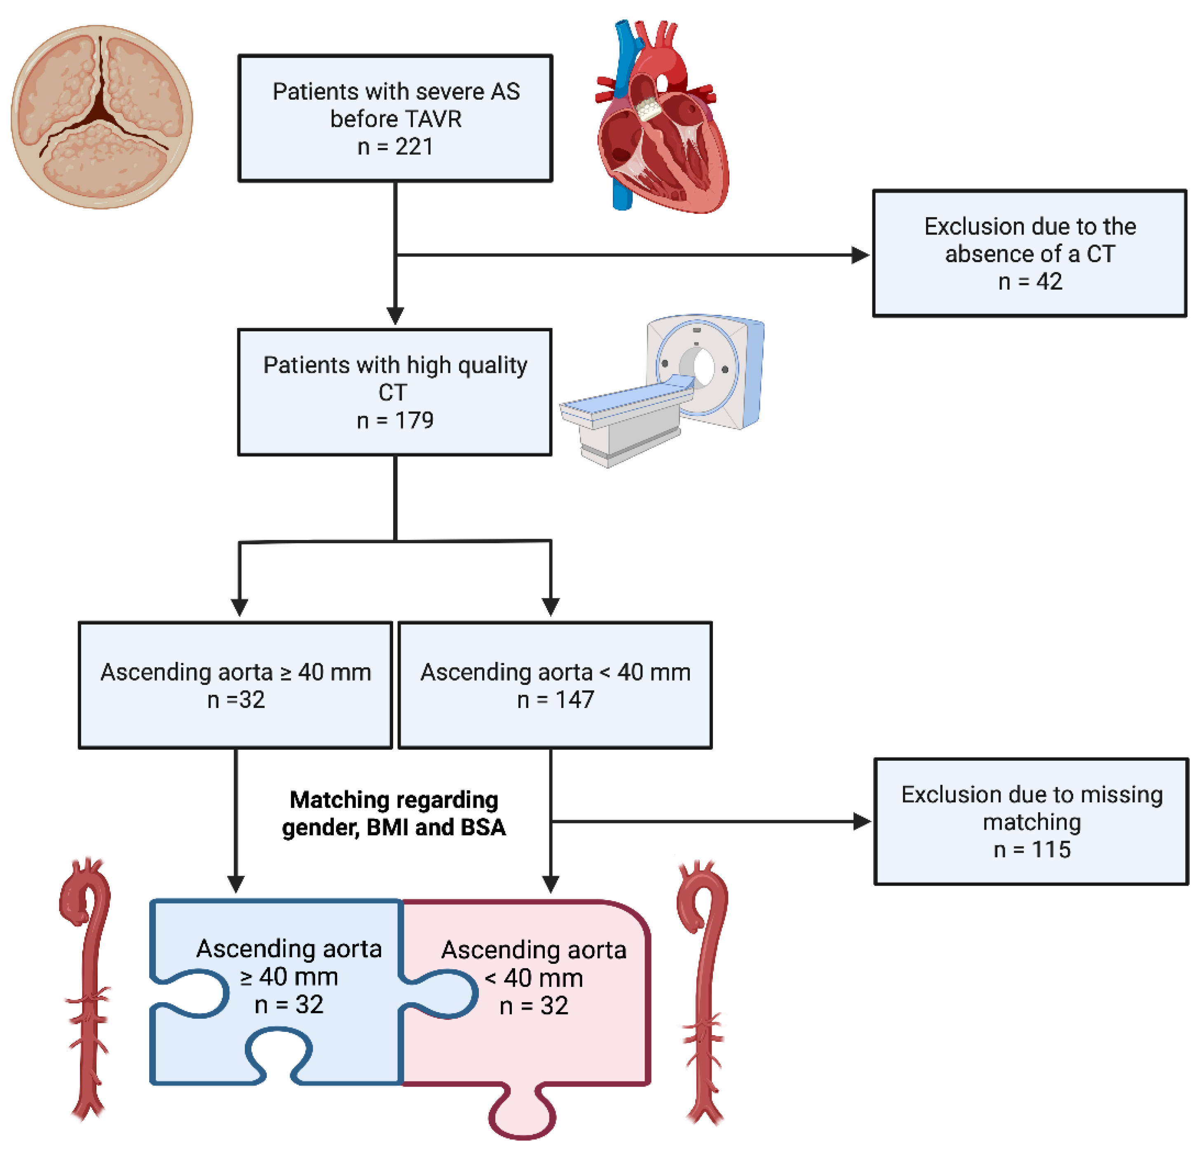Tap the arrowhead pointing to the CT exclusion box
tap(860, 255)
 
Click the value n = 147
tap(555, 700)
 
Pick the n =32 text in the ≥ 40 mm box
tap(236, 700)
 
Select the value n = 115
tap(1032, 850)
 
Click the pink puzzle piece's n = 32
tap(534, 1006)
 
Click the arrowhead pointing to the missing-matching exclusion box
tap(862, 822)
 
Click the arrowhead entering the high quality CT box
tap(396, 315)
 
